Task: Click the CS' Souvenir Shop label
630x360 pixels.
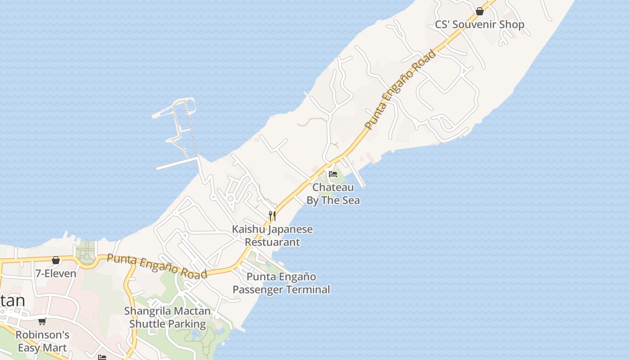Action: pyautogui.click(x=479, y=24)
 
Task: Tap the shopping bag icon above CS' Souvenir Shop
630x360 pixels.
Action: pyautogui.click(x=480, y=11)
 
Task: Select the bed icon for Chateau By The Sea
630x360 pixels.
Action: pyautogui.click(x=333, y=174)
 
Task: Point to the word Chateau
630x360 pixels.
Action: pyautogui.click(x=333, y=187)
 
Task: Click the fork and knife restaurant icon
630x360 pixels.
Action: pyautogui.click(x=272, y=216)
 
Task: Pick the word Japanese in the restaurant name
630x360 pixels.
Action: pyautogui.click(x=290, y=229)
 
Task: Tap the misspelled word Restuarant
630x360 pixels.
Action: pyautogui.click(x=272, y=242)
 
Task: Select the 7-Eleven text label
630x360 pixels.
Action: pyautogui.click(x=56, y=273)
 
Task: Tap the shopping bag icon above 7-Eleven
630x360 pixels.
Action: pyautogui.click(x=56, y=260)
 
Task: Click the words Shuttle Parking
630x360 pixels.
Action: pyautogui.click(x=167, y=324)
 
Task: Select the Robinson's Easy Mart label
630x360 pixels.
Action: pyautogui.click(x=42, y=341)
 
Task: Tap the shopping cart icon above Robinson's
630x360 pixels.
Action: pyautogui.click(x=42, y=321)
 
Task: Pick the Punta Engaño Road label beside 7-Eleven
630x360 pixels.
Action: pyautogui.click(x=157, y=266)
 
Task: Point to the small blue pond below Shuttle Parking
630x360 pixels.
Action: pyautogui.click(x=196, y=335)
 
